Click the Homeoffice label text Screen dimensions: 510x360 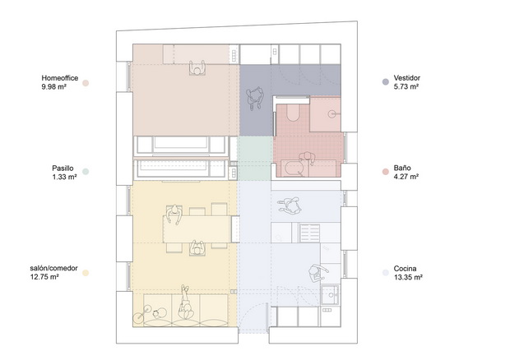pyautogui.click(x=60, y=78)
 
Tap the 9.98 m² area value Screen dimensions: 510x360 pyautogui.click(x=54, y=87)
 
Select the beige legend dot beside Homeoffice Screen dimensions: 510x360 pyautogui.click(x=86, y=83)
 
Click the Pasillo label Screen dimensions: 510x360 pyautogui.click(x=63, y=168)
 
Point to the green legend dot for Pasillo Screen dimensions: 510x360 pyautogui.click(x=86, y=172)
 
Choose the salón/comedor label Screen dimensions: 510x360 pyautogui.click(x=53, y=269)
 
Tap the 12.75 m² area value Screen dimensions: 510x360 pyautogui.click(x=44, y=277)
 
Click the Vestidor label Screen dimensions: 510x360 pyautogui.click(x=407, y=78)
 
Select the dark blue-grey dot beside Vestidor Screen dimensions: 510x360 pyautogui.click(x=386, y=82)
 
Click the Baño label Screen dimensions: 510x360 pyautogui.click(x=402, y=168)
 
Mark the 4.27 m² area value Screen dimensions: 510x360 pyautogui.click(x=406, y=177)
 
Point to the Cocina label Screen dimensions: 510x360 pyautogui.click(x=405, y=269)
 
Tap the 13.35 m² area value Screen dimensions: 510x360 pyautogui.click(x=408, y=278)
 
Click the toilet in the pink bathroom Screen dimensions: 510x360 pyautogui.click(x=292, y=113)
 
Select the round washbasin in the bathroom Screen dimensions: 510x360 pyautogui.click(x=331, y=113)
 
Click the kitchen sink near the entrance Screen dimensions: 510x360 pyautogui.click(x=331, y=295)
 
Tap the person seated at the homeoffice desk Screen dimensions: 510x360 pyautogui.click(x=197, y=68)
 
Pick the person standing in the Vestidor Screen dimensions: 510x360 pyautogui.click(x=255, y=98)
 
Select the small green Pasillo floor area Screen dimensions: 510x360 pyautogui.click(x=255, y=158)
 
